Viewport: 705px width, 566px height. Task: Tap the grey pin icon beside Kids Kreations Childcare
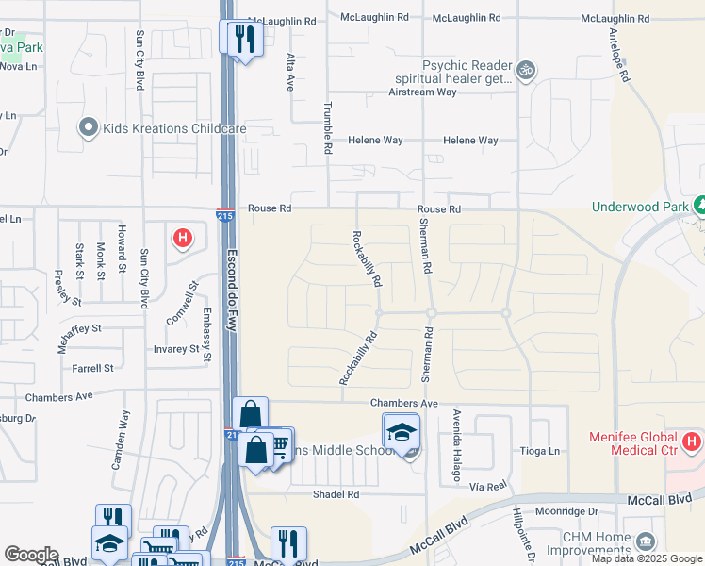pyautogui.click(x=90, y=126)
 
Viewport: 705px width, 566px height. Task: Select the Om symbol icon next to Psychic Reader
pyautogui.click(x=526, y=69)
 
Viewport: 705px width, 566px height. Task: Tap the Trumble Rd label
pyautogui.click(x=328, y=128)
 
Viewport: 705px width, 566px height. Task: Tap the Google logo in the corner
pyautogui.click(x=31, y=555)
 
